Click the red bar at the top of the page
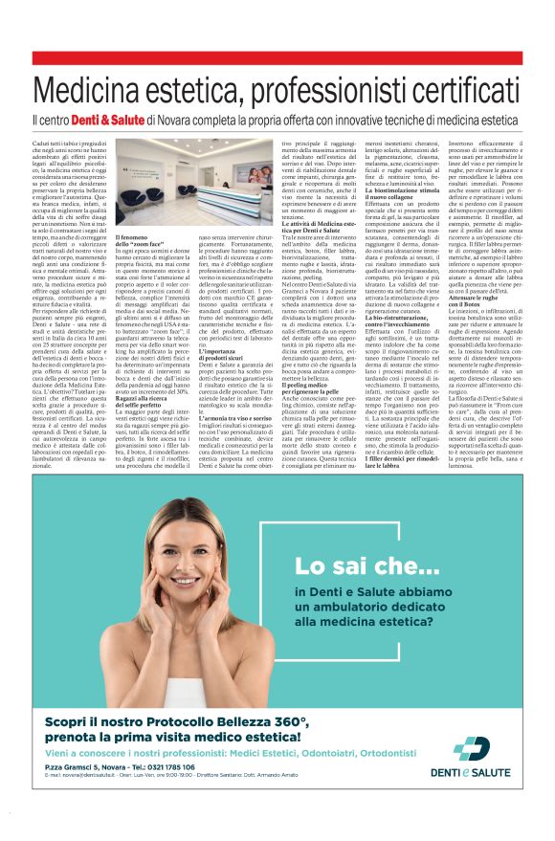point(277,58)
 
